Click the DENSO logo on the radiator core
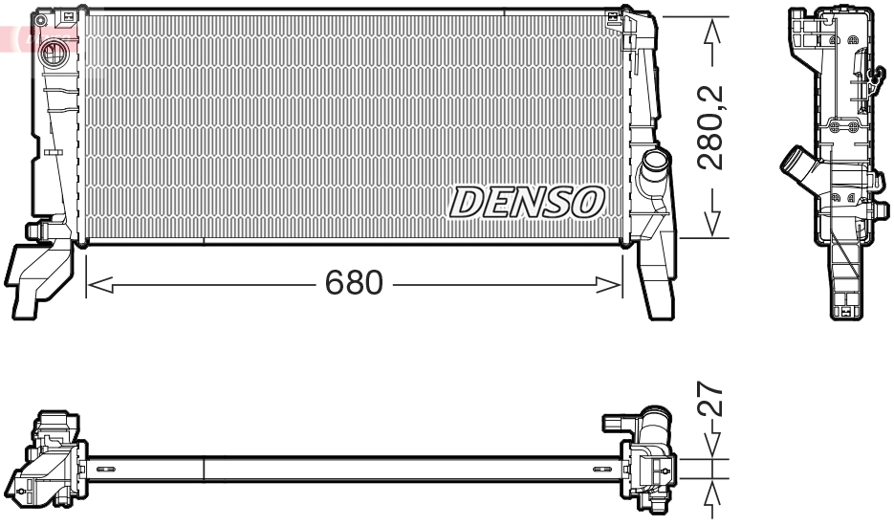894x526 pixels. click(527, 202)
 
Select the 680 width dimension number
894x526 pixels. click(354, 283)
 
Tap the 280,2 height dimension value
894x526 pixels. click(710, 128)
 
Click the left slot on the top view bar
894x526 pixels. click(104, 469)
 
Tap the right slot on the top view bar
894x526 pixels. click(600, 469)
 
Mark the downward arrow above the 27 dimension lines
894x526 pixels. click(710, 442)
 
